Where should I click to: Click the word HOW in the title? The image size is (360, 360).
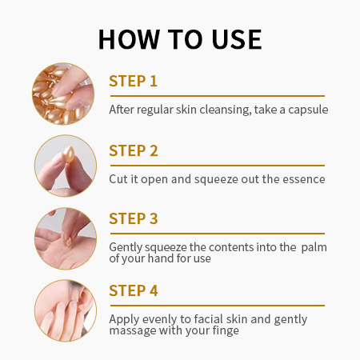tap(130, 39)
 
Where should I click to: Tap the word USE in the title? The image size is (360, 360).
tap(237, 39)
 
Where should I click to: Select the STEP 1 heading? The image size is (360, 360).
tap(133, 81)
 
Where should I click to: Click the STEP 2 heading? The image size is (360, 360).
tap(134, 150)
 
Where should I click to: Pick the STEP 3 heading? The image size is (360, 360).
tap(134, 218)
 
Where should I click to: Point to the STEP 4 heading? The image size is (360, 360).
tap(134, 290)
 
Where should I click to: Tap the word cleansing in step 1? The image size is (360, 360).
tap(226, 110)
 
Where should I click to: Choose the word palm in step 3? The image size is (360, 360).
tap(314, 247)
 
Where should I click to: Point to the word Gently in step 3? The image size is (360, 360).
tap(126, 248)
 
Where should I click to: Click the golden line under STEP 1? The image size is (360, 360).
tap(218, 96)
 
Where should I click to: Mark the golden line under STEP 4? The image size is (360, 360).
tap(218, 306)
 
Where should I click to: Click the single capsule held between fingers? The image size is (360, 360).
tap(70, 154)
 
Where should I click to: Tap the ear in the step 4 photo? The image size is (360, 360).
tap(86, 298)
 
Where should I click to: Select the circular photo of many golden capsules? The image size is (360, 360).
tap(63, 94)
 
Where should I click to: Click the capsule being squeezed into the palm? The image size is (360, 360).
tap(69, 242)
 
